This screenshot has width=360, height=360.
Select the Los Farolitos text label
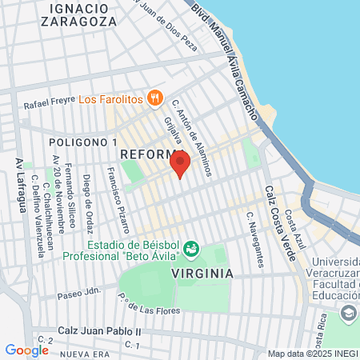[110, 100]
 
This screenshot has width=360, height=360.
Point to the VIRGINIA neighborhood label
[202, 273]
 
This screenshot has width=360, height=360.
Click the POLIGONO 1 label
[78, 142]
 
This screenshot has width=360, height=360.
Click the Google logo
[26, 350]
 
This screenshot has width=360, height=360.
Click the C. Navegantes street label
[254, 239]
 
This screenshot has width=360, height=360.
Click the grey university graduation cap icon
[348, 312]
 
